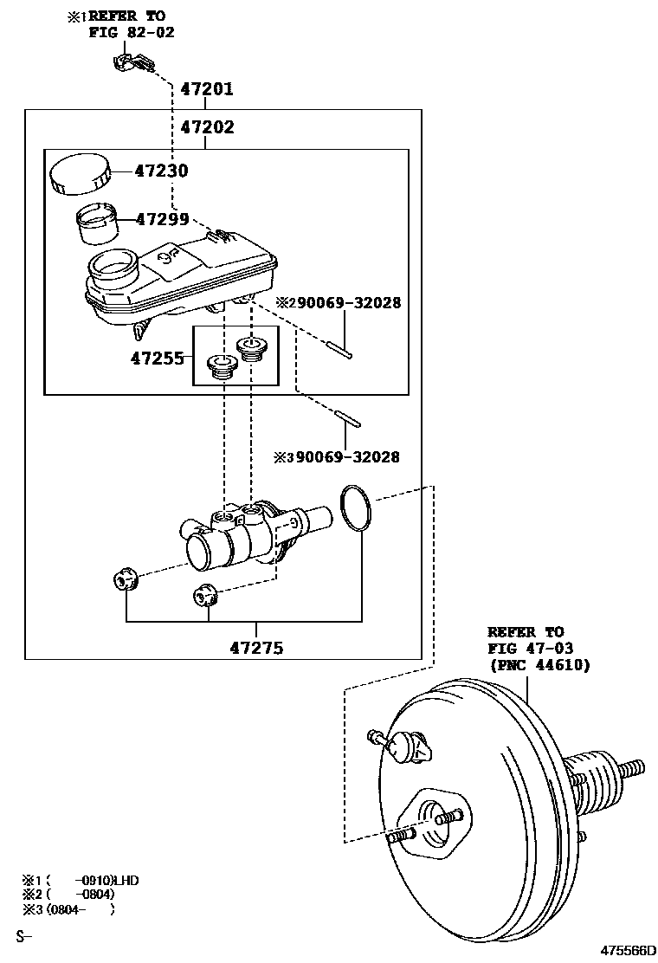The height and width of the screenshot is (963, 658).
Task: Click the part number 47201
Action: [x=207, y=89]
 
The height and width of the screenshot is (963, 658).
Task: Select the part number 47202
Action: [x=208, y=127]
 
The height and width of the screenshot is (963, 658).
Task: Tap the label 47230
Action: [x=161, y=170]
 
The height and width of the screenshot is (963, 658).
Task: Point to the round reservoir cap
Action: [x=79, y=174]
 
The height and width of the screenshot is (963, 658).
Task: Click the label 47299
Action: [x=162, y=218]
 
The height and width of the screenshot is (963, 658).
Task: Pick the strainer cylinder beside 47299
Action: [x=96, y=224]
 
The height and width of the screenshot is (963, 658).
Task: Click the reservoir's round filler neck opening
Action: [x=113, y=266]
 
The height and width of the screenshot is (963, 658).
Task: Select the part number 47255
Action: [x=157, y=358]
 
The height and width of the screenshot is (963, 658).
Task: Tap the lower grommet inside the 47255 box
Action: [x=222, y=366]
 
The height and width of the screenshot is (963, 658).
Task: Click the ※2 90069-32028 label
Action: [x=339, y=302]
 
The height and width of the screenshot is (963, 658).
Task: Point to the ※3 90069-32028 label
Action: [x=337, y=457]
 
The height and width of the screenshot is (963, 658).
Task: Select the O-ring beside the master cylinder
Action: [x=355, y=507]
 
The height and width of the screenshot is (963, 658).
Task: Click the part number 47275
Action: [x=257, y=647]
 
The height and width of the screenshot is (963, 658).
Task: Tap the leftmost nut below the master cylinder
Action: [x=124, y=579]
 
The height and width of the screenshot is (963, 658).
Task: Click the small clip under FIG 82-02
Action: [x=134, y=62]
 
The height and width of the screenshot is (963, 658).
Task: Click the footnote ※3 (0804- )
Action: [x=68, y=909]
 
